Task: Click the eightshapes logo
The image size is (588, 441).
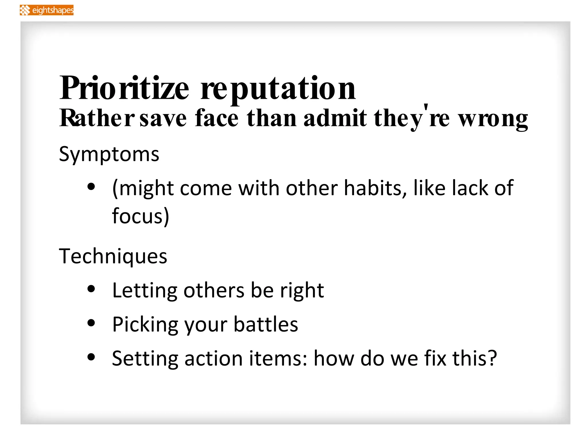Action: point(47,10)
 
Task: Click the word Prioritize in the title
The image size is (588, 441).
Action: point(124,88)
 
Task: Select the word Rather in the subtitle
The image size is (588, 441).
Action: point(97,118)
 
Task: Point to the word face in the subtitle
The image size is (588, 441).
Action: point(216,118)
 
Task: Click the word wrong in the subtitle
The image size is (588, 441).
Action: point(493,119)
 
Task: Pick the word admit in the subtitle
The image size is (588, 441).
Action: point(335,118)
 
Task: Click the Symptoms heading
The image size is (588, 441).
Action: point(109,154)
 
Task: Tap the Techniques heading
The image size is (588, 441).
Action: point(113,256)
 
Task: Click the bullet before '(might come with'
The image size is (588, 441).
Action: point(91,187)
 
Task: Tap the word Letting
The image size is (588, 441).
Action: point(144,291)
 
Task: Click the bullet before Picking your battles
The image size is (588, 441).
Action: point(91,323)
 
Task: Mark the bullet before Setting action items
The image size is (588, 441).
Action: point(91,357)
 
